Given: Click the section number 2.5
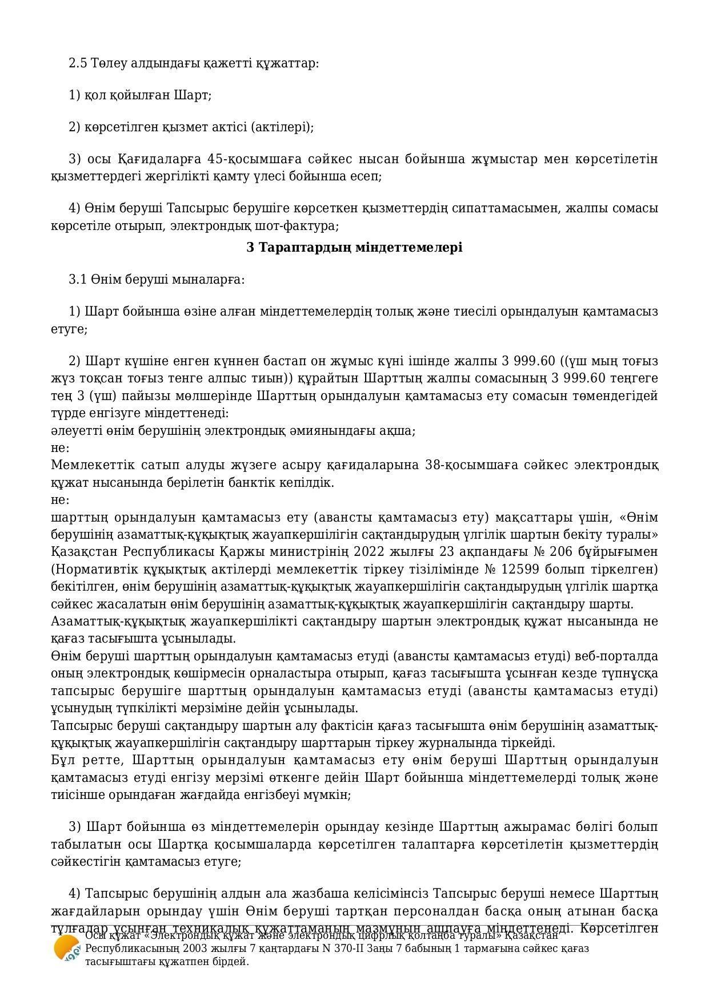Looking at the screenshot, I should click(78, 63).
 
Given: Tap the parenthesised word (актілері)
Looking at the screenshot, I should click(282, 127).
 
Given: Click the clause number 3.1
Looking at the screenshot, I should click(78, 280).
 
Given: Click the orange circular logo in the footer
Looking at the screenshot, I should click(66, 948).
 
